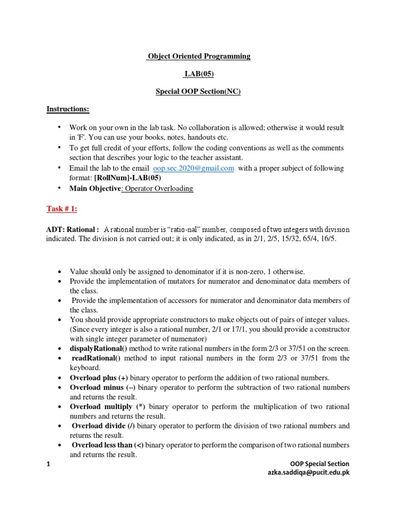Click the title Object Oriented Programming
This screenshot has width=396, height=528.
199,56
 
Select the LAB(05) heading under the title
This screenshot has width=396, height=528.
199,74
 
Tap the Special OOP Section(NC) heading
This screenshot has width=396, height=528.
199,92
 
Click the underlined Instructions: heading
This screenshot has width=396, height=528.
68,109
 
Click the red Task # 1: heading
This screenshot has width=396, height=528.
62,208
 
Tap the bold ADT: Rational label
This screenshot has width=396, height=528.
72,229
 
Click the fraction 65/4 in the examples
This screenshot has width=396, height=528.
301,240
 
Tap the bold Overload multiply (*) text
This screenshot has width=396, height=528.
108,407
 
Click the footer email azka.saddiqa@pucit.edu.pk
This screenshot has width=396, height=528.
306,473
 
